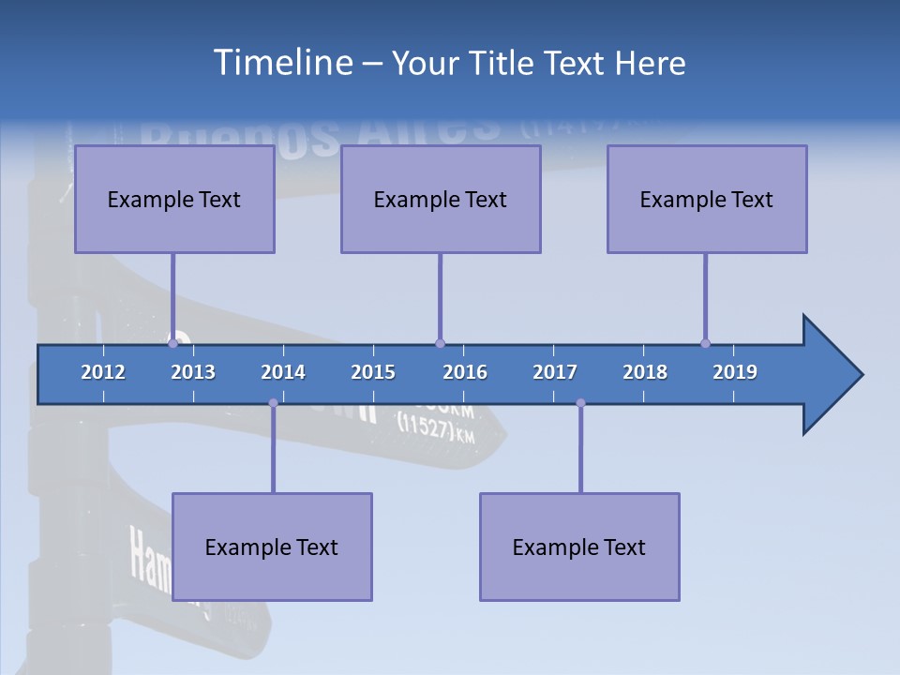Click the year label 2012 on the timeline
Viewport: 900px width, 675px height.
click(103, 372)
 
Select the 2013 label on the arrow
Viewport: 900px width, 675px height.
click(193, 372)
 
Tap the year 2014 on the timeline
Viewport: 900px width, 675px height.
click(283, 372)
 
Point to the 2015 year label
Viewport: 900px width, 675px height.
click(373, 372)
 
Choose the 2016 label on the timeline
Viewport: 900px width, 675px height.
click(465, 372)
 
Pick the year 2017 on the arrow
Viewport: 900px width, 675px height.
click(555, 372)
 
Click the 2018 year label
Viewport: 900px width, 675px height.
click(645, 372)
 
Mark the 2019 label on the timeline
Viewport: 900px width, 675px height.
click(735, 372)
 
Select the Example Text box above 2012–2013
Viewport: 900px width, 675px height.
click(174, 199)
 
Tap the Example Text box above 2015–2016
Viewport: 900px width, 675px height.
click(441, 199)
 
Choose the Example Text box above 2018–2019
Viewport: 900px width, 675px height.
click(707, 199)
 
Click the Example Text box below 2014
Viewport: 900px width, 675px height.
click(272, 547)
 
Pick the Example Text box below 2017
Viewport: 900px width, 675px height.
click(579, 547)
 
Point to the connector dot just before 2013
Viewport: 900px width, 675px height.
click(172, 343)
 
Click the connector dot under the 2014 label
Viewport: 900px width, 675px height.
click(273, 403)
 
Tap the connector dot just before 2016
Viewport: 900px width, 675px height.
click(440, 343)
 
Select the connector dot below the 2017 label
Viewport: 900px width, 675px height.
click(580, 403)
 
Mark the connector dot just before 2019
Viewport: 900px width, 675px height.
click(705, 343)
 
